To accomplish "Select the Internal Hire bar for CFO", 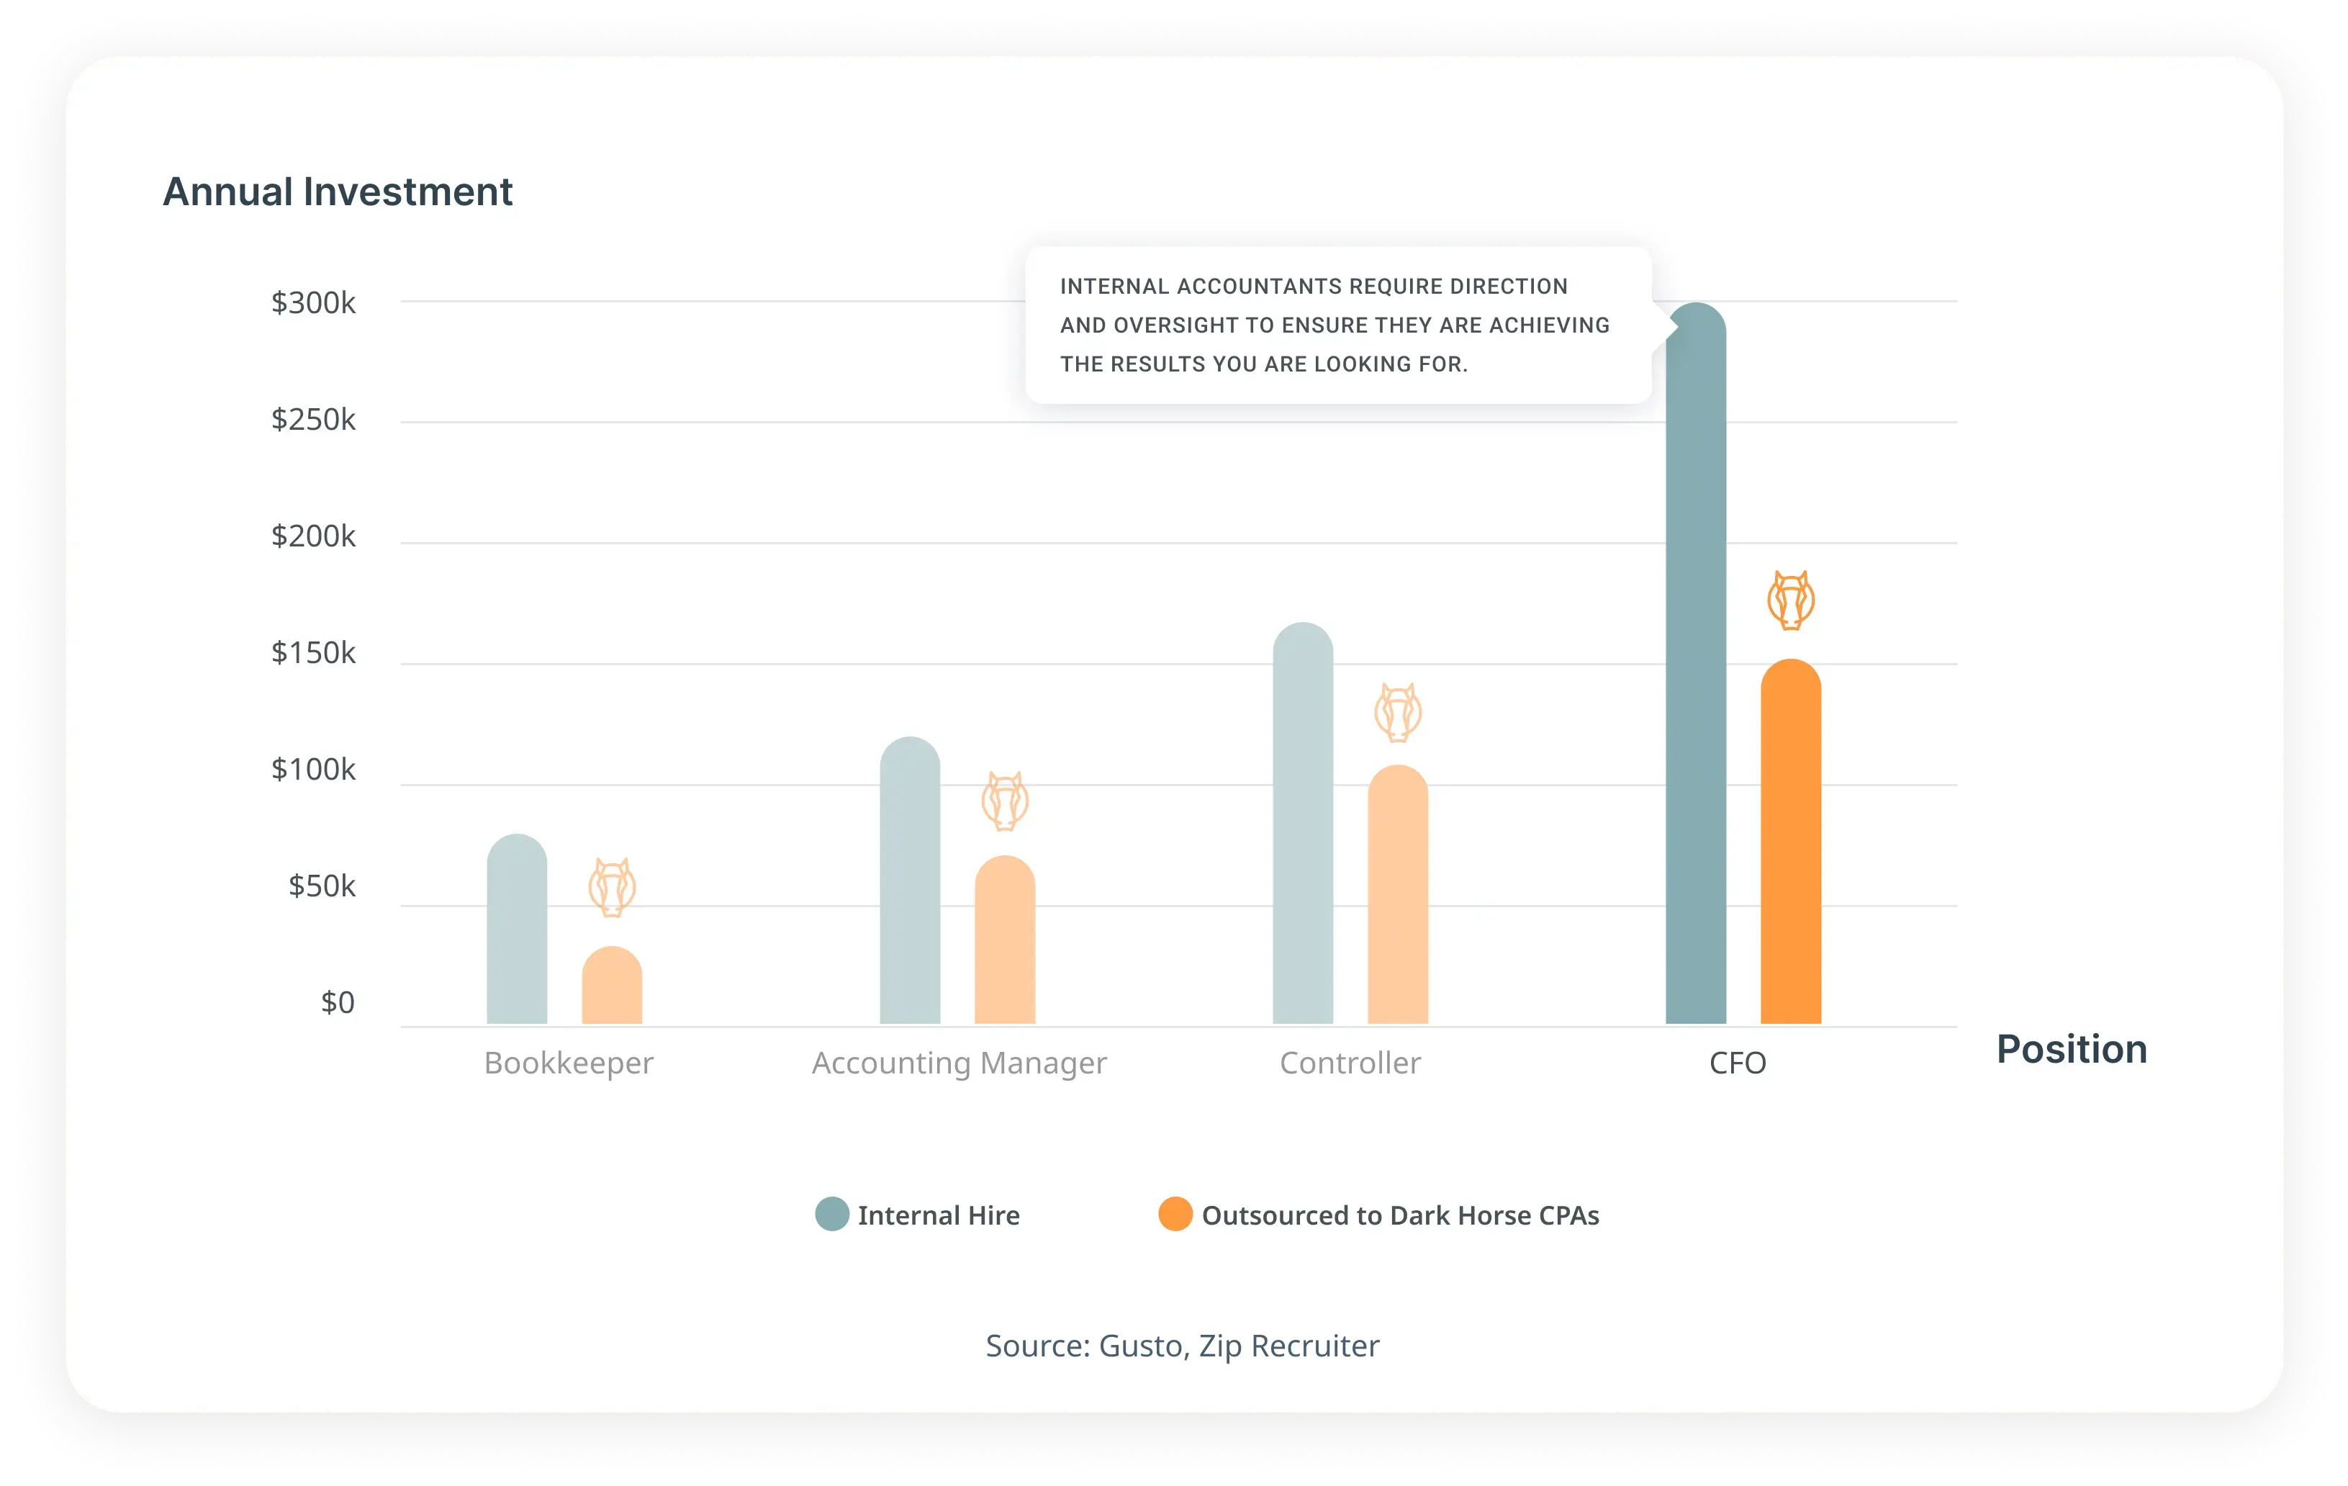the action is pos(1696,663).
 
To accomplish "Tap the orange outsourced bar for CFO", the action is pos(1790,842).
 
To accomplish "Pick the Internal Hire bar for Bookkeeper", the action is pos(517,928).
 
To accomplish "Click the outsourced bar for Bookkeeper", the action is pos(611,985).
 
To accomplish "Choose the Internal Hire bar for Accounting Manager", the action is pos(910,880).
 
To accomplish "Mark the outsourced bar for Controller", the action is pos(1397,894).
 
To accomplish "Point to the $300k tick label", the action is pos(313,303).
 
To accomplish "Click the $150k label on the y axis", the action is pos(313,652).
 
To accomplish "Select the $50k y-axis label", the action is pos(322,886).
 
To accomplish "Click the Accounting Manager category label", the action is pos(959,1063).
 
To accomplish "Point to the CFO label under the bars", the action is pos(1738,1063).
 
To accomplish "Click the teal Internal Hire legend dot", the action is pos(832,1214).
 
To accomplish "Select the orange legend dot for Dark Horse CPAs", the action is pos(1175,1214).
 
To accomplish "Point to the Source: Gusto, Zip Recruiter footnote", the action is pos(1182,1346).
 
